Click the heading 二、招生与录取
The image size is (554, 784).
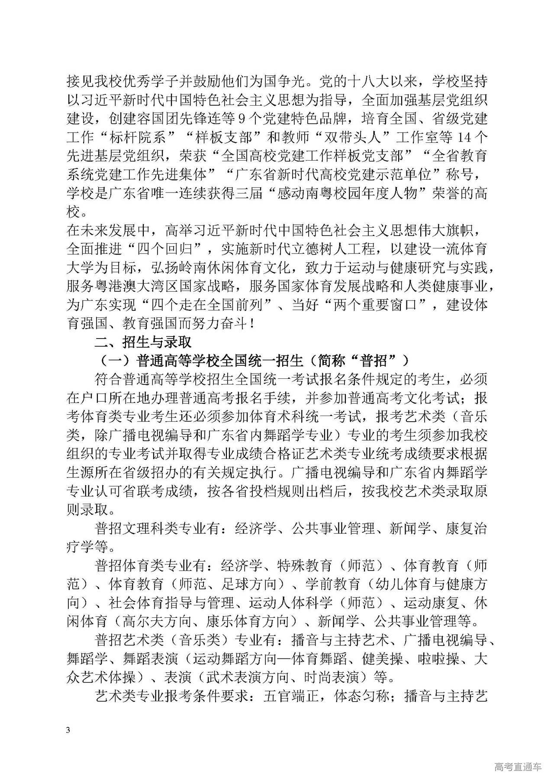coord(143,342)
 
